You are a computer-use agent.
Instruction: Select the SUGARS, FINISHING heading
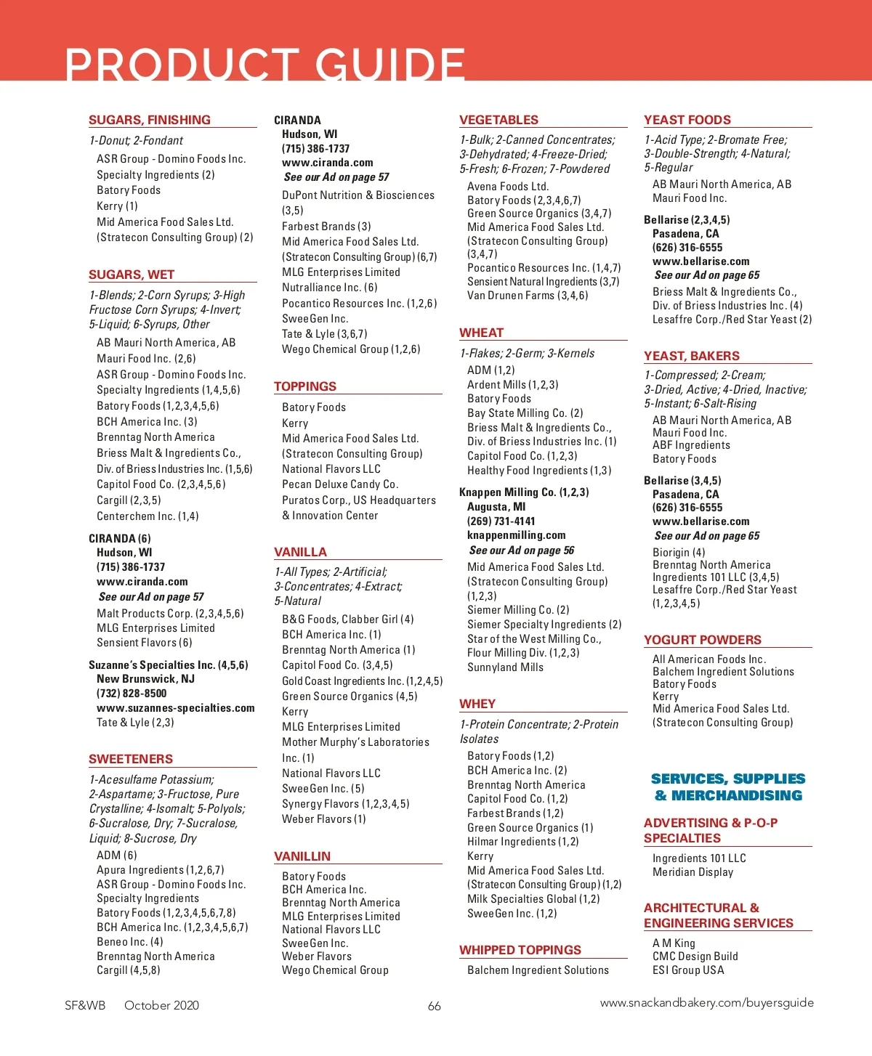click(150, 120)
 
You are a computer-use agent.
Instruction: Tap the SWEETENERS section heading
click(131, 759)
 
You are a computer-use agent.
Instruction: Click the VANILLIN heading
click(302, 856)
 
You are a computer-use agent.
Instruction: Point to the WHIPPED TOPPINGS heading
click(520, 950)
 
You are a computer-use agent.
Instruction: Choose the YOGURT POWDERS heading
click(703, 640)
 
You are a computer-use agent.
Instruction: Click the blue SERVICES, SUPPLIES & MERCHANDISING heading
click(728, 787)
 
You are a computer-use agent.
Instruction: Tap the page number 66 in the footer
click(435, 1006)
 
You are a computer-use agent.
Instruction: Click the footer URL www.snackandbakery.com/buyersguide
click(706, 1003)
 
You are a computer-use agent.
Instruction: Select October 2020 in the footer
click(161, 1005)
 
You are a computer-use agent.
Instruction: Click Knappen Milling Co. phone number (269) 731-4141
click(501, 521)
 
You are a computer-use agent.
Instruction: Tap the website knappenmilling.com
click(516, 535)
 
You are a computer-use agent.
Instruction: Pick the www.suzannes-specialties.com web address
click(176, 708)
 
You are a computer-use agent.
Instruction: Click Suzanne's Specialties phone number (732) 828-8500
click(132, 694)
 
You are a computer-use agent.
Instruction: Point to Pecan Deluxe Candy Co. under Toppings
click(340, 484)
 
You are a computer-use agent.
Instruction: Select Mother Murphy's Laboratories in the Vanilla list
click(355, 742)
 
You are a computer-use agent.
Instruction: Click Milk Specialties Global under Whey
click(534, 899)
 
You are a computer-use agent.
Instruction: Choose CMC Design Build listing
click(695, 957)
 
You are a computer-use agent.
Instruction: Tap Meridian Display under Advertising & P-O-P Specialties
click(693, 872)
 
